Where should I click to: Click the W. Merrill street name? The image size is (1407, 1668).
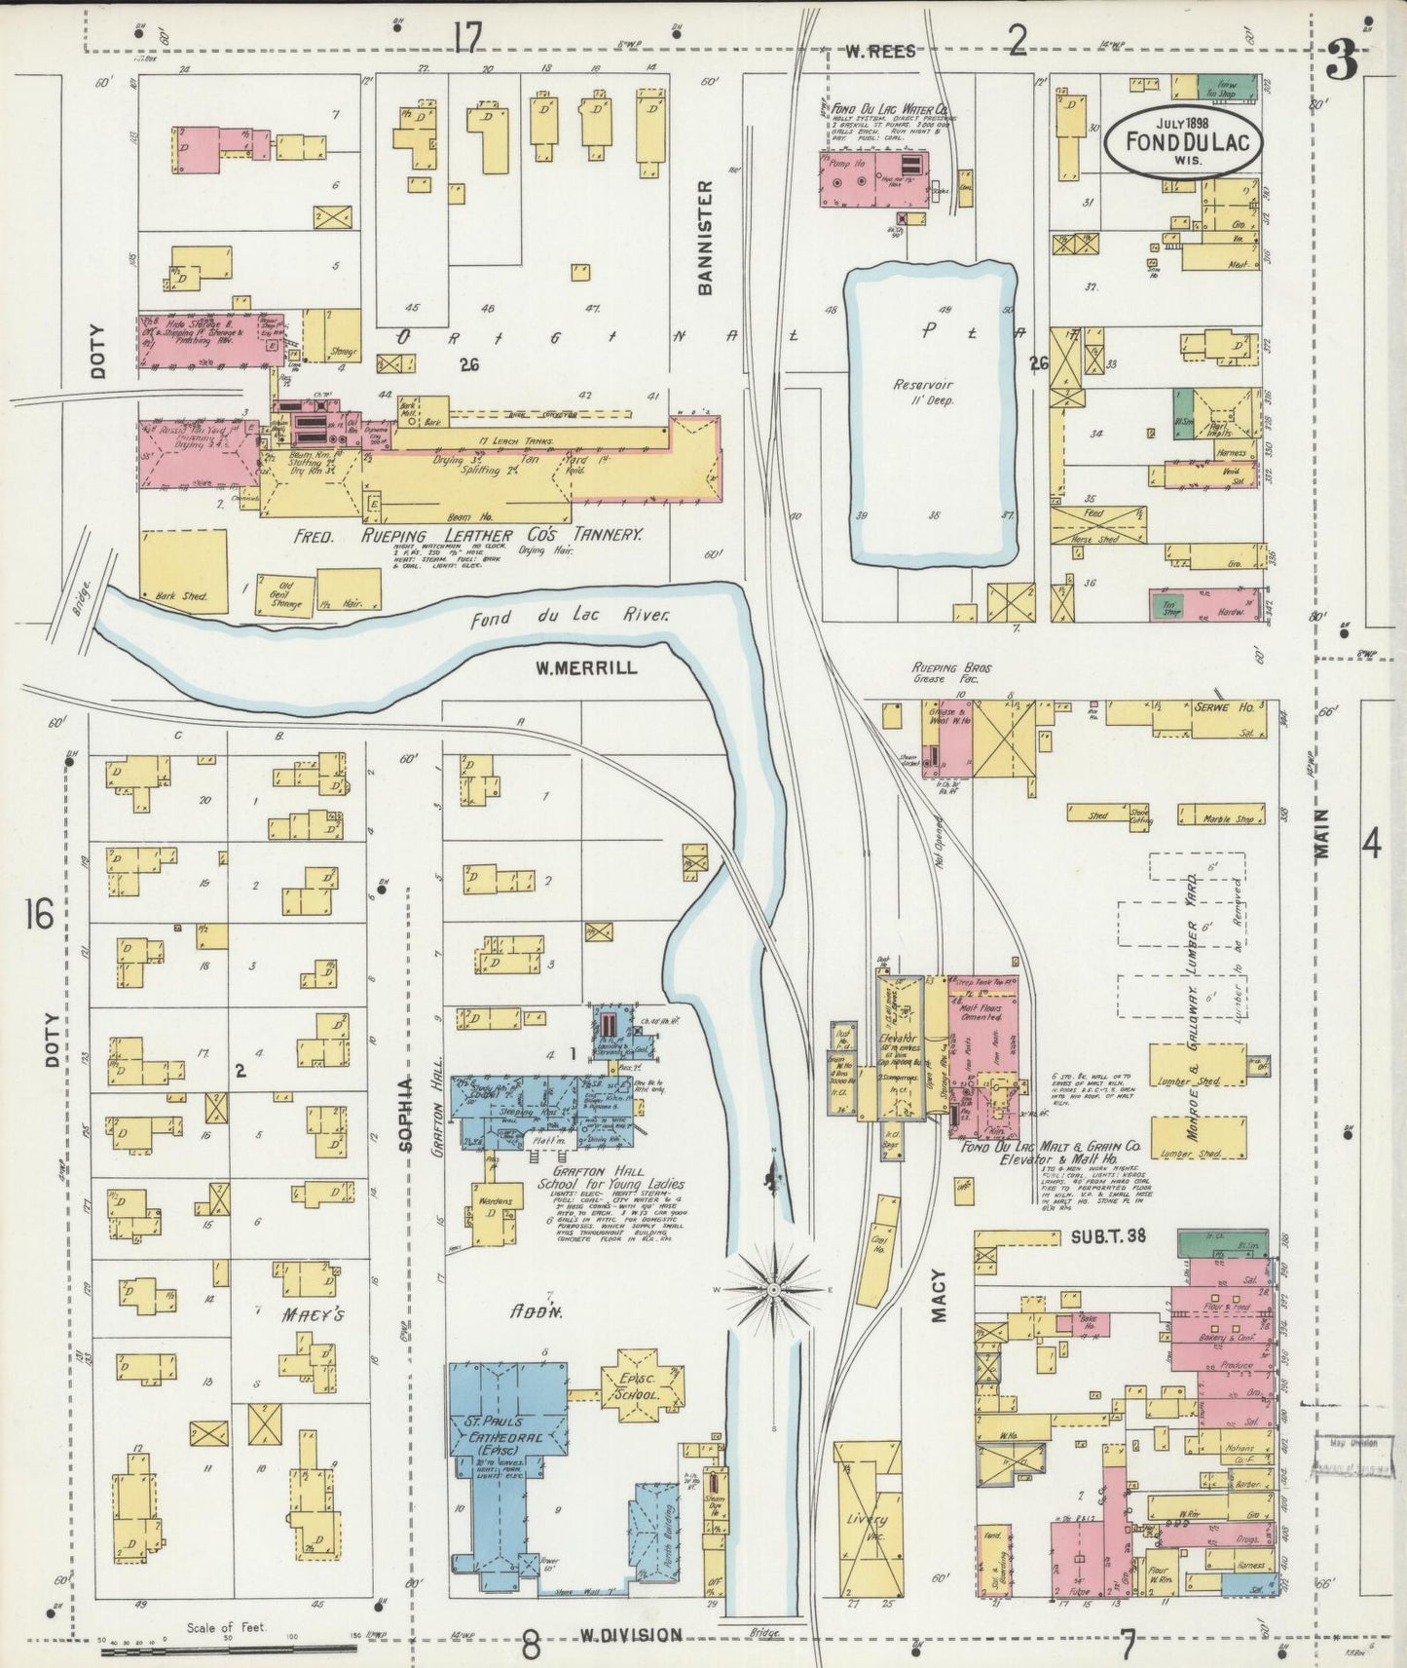pos(586,667)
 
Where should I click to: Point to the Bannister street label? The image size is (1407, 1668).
pos(707,237)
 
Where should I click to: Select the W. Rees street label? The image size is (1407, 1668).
pos(880,52)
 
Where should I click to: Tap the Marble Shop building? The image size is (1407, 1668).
pos(1222,813)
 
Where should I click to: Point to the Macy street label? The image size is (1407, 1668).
pos(937,1294)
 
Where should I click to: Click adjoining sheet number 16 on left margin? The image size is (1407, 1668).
pos(40,917)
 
